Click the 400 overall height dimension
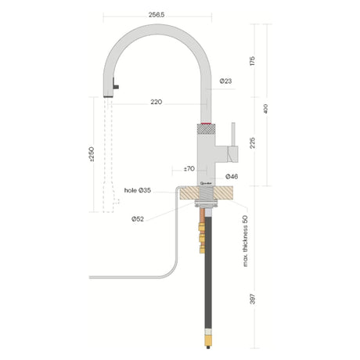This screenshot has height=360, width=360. click(x=268, y=109)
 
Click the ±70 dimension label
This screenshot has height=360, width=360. click(x=189, y=169)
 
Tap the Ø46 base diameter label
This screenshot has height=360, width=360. click(x=232, y=177)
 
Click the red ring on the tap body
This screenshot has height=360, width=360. click(x=206, y=124)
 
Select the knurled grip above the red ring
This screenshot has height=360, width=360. click(x=206, y=117)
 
